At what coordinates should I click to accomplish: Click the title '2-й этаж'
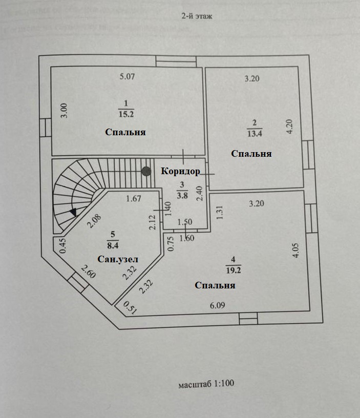click(196, 16)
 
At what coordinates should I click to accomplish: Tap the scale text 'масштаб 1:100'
click(206, 383)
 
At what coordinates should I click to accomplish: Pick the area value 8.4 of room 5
click(113, 243)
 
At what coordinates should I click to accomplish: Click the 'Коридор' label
click(180, 171)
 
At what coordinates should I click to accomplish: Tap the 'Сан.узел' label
click(118, 260)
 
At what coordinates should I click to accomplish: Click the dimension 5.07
click(126, 77)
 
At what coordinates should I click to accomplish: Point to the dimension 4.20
click(289, 126)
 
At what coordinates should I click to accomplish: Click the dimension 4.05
click(296, 249)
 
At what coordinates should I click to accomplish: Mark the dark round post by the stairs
click(146, 171)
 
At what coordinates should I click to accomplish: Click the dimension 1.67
click(134, 199)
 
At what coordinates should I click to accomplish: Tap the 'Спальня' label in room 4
click(215, 285)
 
